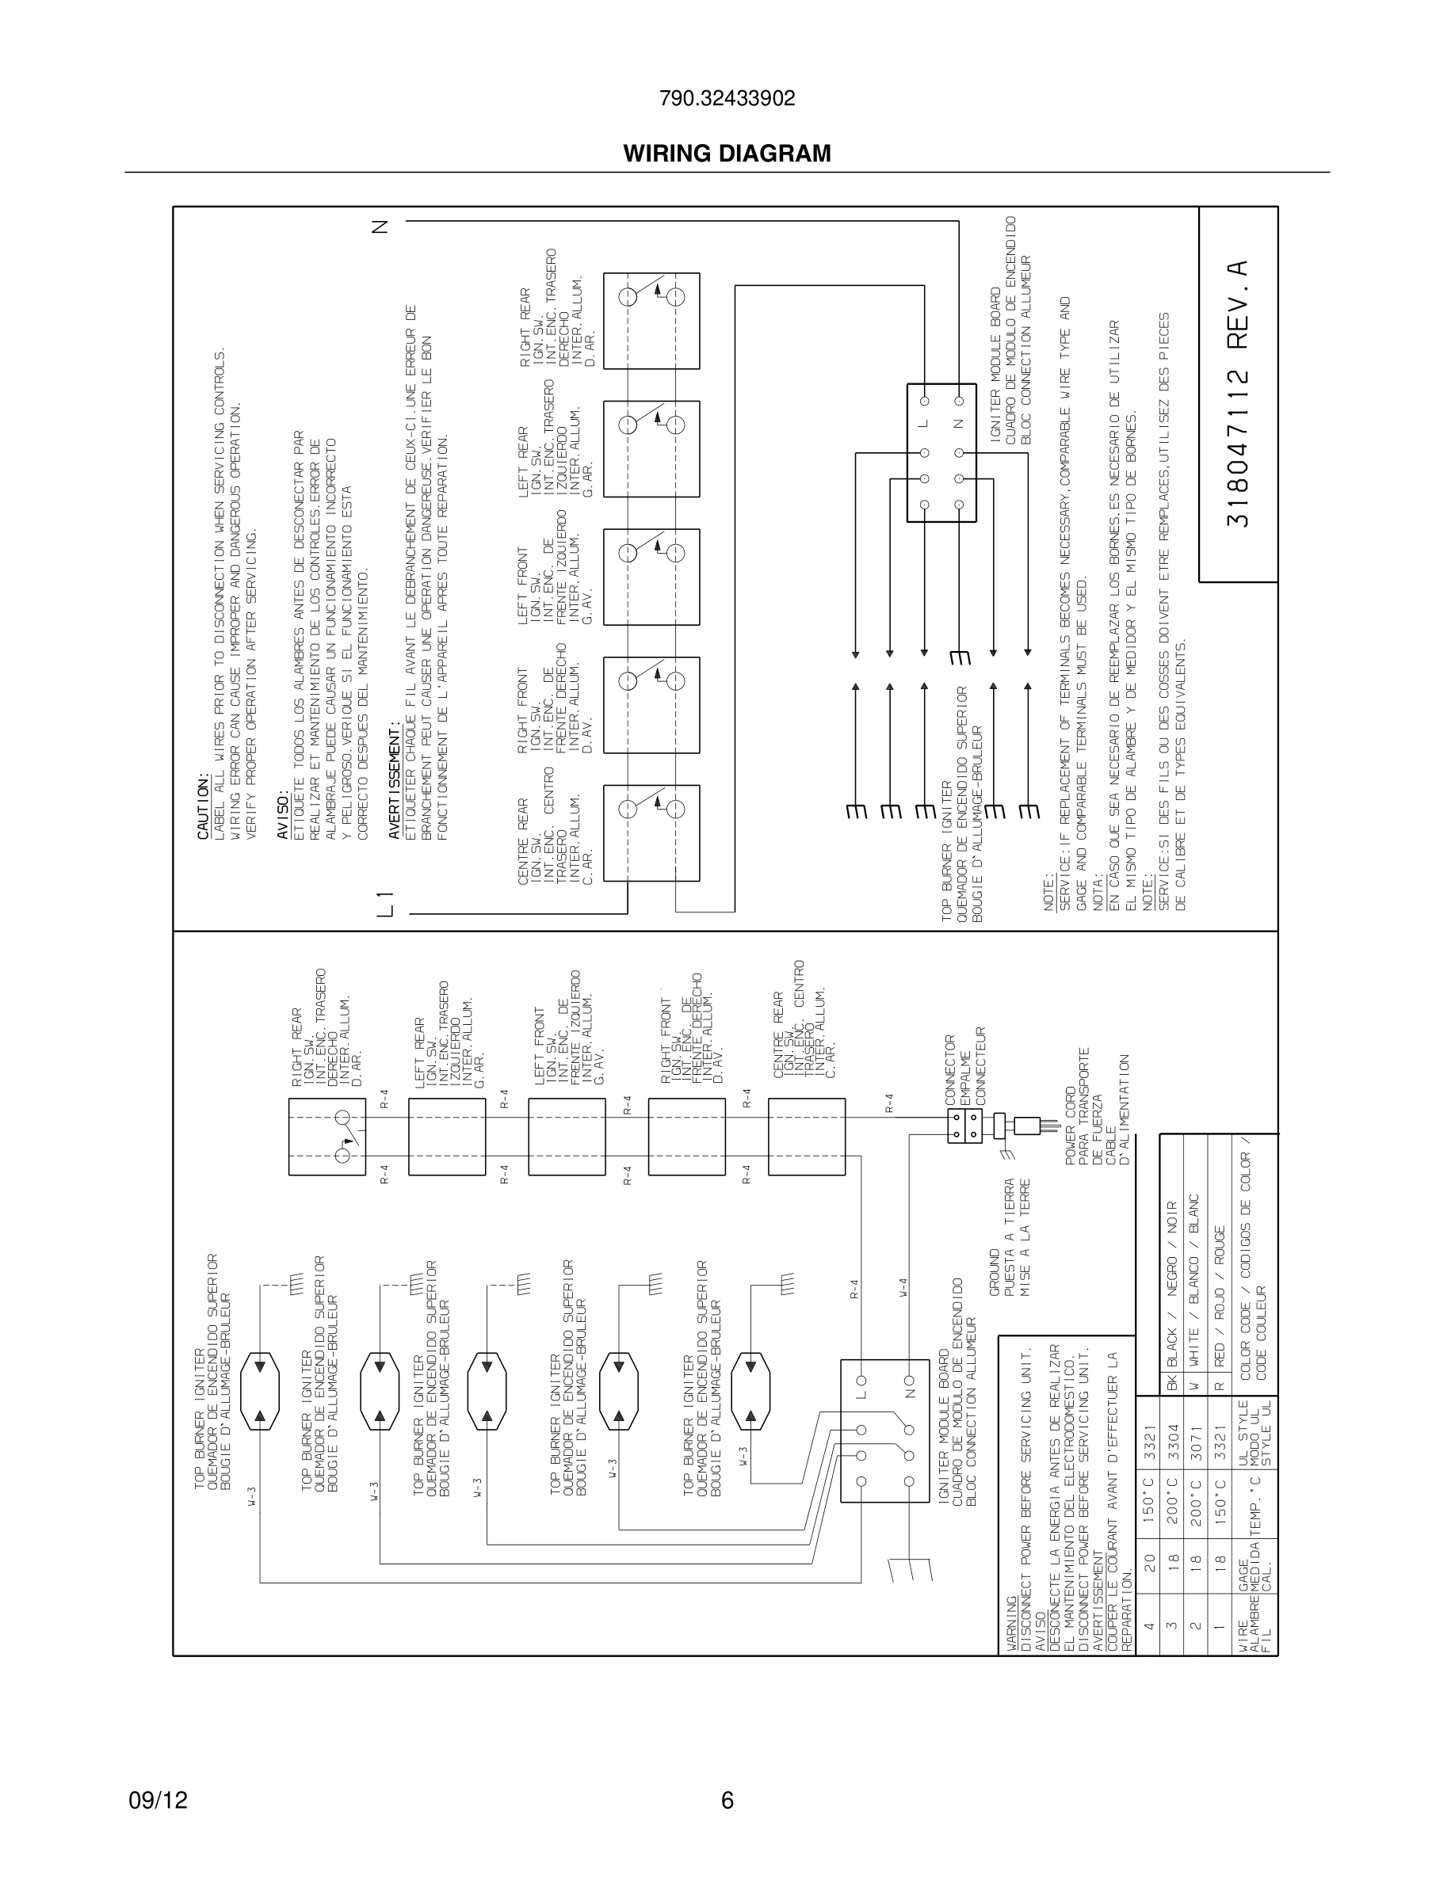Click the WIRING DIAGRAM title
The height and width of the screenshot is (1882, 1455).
727,154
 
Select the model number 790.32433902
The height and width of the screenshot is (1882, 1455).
727,99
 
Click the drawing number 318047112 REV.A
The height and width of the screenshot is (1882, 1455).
1237,394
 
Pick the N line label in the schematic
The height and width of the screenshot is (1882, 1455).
380,227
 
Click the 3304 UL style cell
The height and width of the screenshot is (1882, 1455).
1170,1455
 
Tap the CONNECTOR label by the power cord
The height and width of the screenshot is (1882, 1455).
951,1069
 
